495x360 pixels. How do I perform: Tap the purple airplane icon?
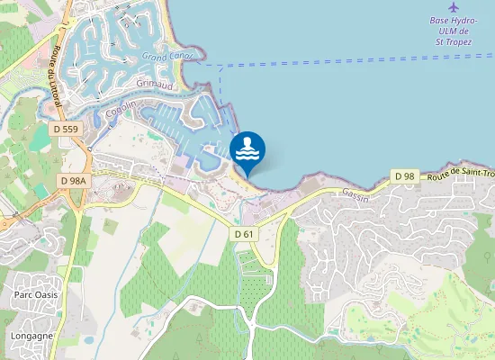pyautogui.click(x=453, y=7)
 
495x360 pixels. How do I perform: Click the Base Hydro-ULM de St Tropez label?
pyautogui.click(x=453, y=30)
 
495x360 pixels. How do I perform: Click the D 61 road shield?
pyautogui.click(x=245, y=234)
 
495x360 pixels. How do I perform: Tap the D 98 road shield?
pyautogui.click(x=404, y=175)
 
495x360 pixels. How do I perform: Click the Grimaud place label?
pyautogui.click(x=154, y=83)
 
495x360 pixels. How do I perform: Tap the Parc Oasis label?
pyautogui.click(x=36, y=295)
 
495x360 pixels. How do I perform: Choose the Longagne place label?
pyautogui.click(x=31, y=336)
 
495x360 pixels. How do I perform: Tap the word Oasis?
pyautogui.click(x=47, y=295)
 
